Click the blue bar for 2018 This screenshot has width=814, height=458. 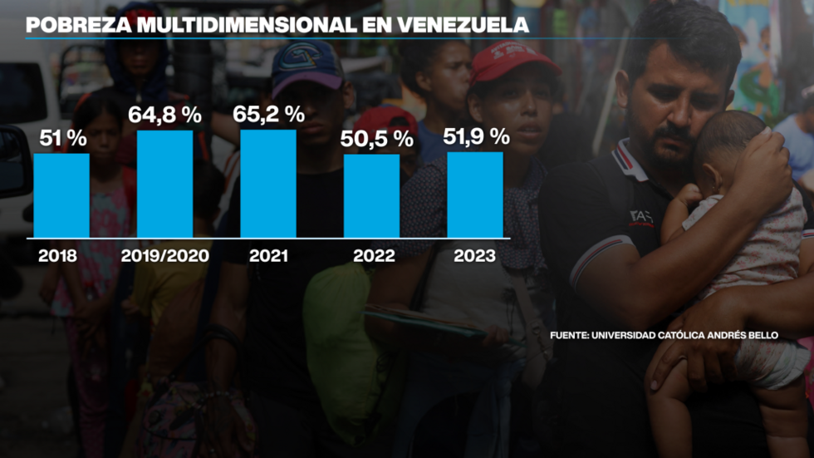pos(61,195)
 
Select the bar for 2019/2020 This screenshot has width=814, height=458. pos(164,184)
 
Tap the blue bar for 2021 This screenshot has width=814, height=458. pos(268,183)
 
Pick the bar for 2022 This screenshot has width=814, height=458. pos(371,196)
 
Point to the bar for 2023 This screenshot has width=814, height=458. pos(475,195)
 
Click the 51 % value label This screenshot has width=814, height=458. pos(61,138)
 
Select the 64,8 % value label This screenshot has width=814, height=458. pos(164,115)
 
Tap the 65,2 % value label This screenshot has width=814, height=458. pos(268,114)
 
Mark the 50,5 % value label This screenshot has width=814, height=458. pos(377,139)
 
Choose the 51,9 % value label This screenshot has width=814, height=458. pos(476,136)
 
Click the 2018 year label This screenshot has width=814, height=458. pos(57,256)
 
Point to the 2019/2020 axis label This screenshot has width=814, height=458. pos(164,256)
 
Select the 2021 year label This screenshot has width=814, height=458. pos(268,256)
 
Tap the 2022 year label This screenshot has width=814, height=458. pos(374,256)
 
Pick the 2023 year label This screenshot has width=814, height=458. pos(474,256)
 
